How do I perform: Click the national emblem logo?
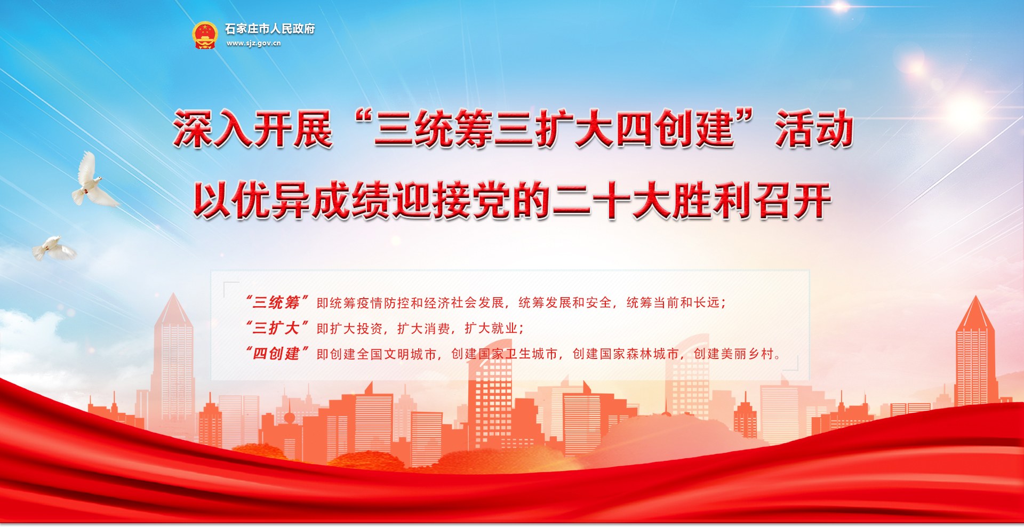click(205, 35)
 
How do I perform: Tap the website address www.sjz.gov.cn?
click(253, 43)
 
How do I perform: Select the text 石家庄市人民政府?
click(269, 29)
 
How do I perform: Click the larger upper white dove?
click(93, 180)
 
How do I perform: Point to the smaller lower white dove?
click(54, 249)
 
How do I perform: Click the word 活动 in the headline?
click(814, 129)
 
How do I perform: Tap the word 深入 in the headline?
click(212, 129)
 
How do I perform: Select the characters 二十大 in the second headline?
click(612, 201)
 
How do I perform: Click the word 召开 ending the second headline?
click(791, 201)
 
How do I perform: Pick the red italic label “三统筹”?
click(276, 302)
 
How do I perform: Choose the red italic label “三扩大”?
click(276, 328)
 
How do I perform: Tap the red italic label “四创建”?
click(276, 354)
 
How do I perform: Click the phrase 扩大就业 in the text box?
click(491, 329)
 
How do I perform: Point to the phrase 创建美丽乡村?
click(733, 354)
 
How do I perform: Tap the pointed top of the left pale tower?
click(173, 308)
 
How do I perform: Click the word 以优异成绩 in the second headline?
click(292, 201)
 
